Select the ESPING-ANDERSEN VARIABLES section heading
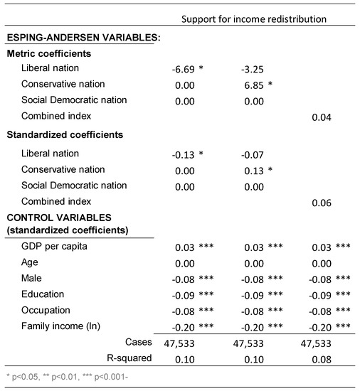pos(83,38)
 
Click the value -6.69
pos(185,68)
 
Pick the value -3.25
pos(253,68)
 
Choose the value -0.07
pos(253,154)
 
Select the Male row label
pos(32,278)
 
